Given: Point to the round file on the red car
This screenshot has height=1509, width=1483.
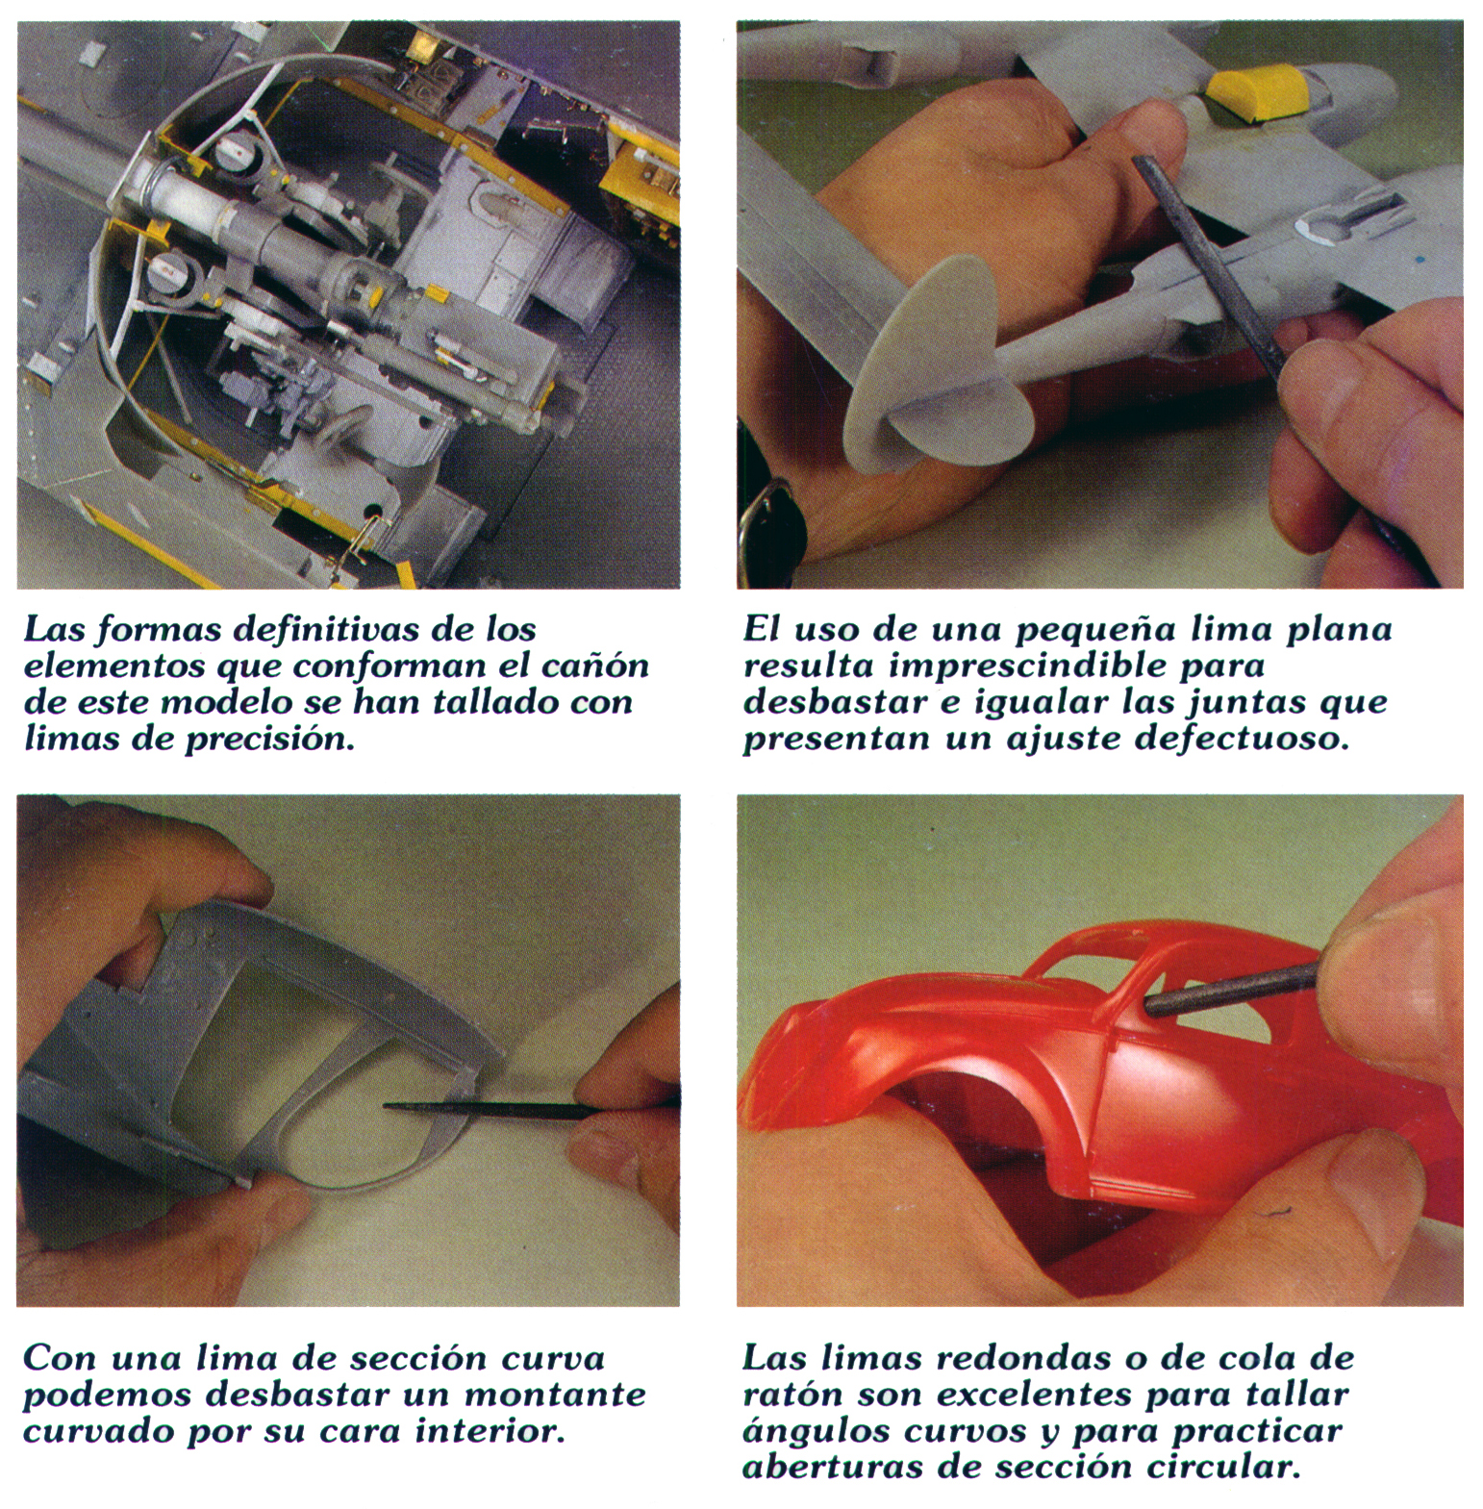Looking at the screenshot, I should click(x=1231, y=991).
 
